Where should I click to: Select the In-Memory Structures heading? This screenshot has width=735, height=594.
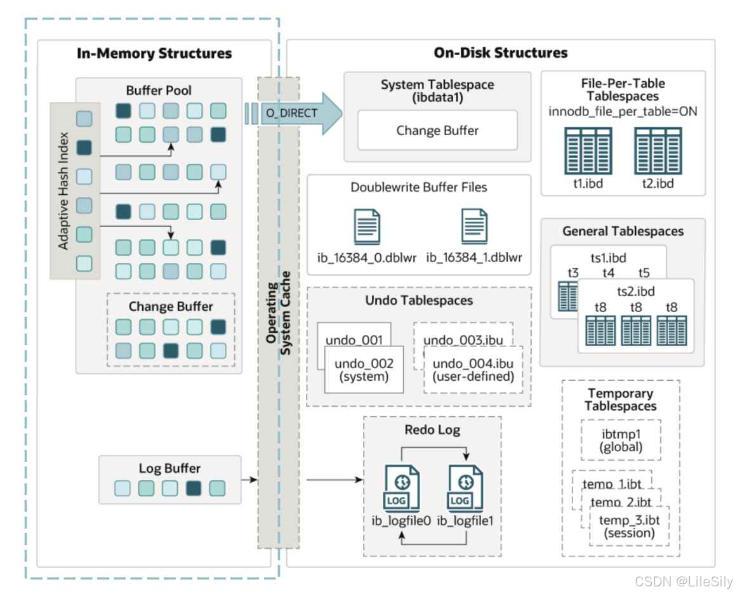154,53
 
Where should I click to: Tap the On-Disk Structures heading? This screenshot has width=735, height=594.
501,53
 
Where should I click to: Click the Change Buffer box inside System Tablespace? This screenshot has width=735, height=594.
437,131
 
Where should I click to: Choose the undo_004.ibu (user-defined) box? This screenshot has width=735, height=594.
472,370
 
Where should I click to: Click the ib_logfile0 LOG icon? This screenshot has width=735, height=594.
401,489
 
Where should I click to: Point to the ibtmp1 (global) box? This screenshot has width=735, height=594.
621,440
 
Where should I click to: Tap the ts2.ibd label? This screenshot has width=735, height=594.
635,292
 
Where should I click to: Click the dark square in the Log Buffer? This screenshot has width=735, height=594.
194,488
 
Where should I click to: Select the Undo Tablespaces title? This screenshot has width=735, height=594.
419,300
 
